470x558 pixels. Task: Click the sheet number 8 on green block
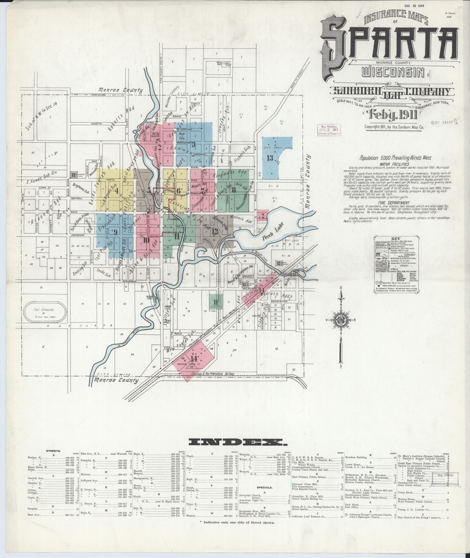coord(234,190)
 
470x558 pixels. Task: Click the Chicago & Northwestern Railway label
coord(213,374)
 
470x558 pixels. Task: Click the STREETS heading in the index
coord(54,451)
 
